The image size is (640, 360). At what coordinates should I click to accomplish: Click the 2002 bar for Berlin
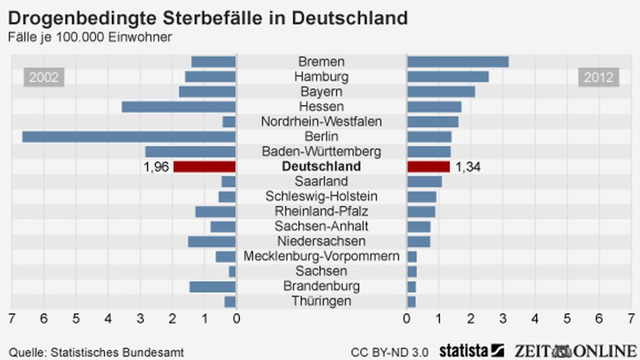129,136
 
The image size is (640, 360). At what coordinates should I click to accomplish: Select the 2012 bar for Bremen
458,62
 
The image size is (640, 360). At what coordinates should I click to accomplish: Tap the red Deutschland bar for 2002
204,166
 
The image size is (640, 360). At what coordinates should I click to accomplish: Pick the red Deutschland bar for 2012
428,166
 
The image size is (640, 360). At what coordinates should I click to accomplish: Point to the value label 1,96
156,167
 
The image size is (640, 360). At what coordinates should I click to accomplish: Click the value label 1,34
468,167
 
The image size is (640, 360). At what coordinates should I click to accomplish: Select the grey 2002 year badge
44,77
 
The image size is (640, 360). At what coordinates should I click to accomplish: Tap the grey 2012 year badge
599,77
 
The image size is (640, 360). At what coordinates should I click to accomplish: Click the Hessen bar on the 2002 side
178,106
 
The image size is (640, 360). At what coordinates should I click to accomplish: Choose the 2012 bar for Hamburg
448,77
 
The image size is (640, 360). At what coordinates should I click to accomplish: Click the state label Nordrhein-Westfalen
321,122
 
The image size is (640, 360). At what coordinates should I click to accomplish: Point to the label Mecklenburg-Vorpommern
321,256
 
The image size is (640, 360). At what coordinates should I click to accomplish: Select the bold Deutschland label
321,166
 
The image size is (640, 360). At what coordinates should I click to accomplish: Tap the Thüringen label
321,301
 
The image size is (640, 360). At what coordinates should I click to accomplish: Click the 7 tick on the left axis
11,319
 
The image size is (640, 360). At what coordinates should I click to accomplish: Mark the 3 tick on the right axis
503,319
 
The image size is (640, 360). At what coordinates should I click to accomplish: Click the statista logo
472,351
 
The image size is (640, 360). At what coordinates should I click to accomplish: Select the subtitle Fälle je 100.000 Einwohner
90,37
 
